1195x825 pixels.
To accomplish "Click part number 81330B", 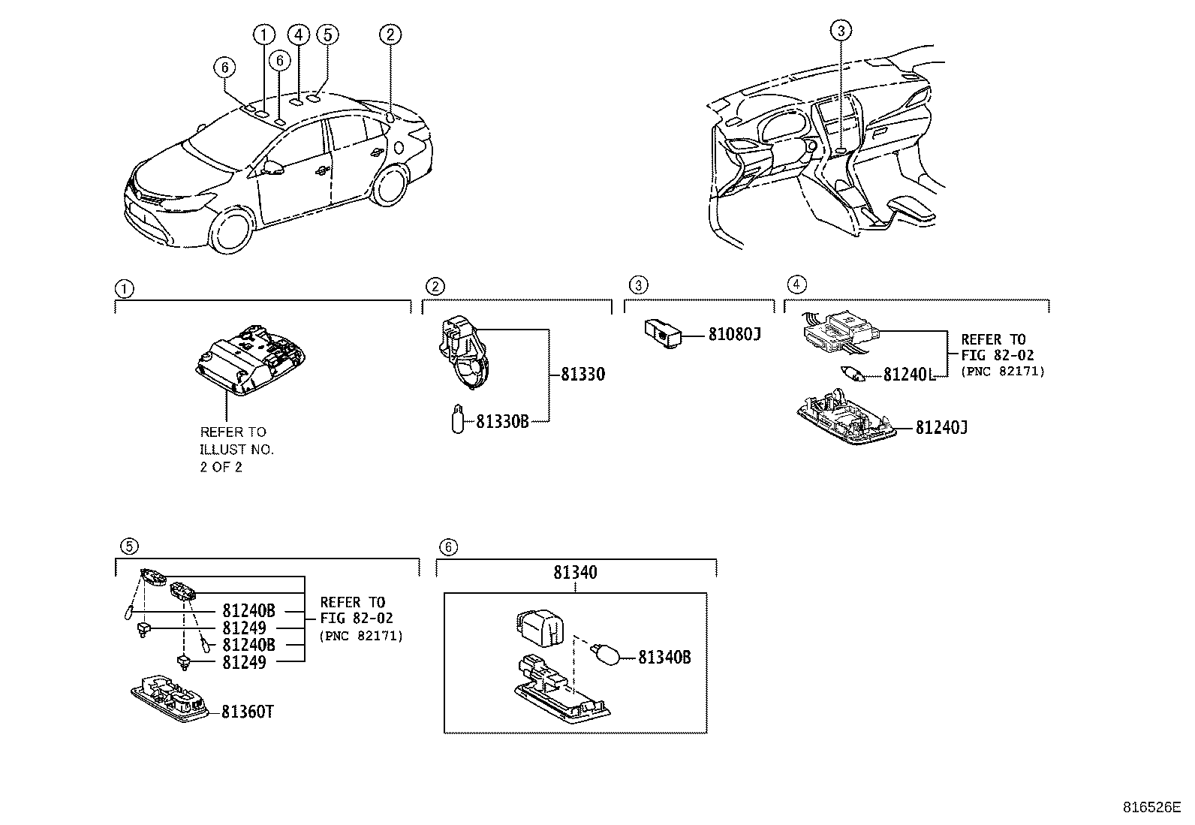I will pyautogui.click(x=502, y=422).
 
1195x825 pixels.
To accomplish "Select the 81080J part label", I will pyautogui.click(x=734, y=335).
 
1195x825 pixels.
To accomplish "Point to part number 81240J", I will pyautogui.click(x=941, y=427).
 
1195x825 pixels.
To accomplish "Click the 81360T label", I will pyautogui.click(x=247, y=712).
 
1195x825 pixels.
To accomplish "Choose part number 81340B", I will pyautogui.click(x=664, y=658).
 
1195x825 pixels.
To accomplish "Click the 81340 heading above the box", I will pyautogui.click(x=576, y=573).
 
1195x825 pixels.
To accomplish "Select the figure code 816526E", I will pyautogui.click(x=1151, y=808).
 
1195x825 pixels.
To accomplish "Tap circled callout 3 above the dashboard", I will pyautogui.click(x=841, y=31).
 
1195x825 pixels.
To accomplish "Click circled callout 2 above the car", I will pyautogui.click(x=390, y=34).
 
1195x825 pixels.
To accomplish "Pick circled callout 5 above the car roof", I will pyautogui.click(x=327, y=34).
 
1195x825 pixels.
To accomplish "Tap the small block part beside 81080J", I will pyautogui.click(x=662, y=333).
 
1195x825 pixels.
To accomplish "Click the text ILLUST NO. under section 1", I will pyautogui.click(x=236, y=450).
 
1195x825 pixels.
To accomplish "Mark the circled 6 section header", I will pyautogui.click(x=447, y=547).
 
